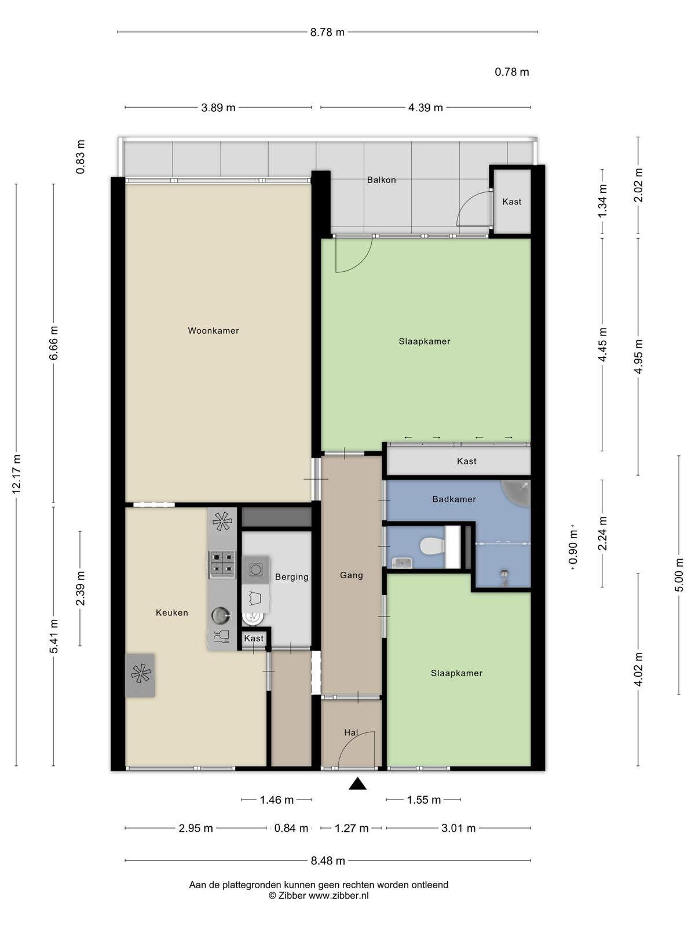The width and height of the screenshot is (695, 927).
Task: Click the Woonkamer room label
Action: click(x=213, y=331)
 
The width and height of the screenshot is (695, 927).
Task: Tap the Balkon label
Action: click(x=382, y=180)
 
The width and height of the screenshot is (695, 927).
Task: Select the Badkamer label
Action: click(x=454, y=499)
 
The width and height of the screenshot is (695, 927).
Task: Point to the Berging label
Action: click(x=291, y=577)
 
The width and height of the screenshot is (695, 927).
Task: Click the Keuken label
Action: click(x=172, y=613)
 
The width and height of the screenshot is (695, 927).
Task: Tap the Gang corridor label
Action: click(x=352, y=575)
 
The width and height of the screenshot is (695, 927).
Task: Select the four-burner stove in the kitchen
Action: click(x=222, y=565)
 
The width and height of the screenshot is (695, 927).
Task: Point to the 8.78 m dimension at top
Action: click(x=327, y=32)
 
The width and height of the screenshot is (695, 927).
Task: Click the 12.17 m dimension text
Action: click(x=16, y=474)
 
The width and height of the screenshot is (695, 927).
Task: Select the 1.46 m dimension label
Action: click(x=276, y=800)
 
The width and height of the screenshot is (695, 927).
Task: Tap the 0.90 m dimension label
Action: click(x=573, y=548)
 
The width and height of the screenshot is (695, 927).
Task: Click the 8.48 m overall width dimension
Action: click(x=328, y=860)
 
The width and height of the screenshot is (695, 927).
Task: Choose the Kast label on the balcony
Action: click(x=512, y=202)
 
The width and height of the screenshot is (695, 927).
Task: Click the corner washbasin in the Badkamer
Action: click(x=517, y=492)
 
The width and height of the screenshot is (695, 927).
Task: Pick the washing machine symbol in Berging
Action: click(x=256, y=570)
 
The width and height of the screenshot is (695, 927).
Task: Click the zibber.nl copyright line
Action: click(x=319, y=895)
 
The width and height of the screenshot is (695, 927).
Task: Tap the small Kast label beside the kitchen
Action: click(x=254, y=638)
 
